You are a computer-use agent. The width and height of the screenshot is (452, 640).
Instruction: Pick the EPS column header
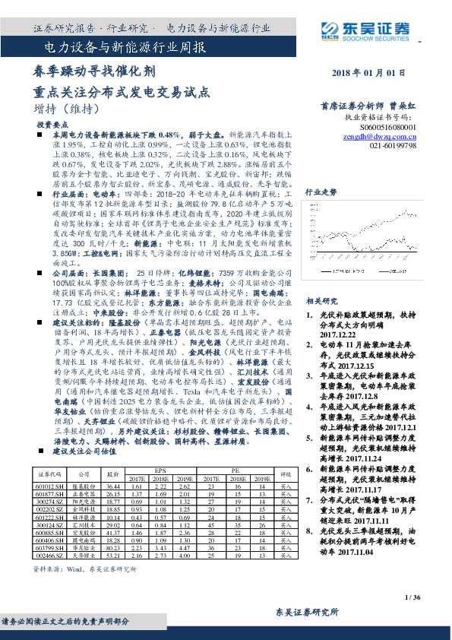pyautogui.click(x=160, y=469)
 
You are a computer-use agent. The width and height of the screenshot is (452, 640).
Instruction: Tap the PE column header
pyautogui.click(x=235, y=469)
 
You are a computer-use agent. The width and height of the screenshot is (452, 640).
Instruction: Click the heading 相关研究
pyautogui.click(x=318, y=300)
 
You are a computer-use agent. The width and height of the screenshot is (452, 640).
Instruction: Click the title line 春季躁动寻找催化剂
pyautogui.click(x=84, y=72)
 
